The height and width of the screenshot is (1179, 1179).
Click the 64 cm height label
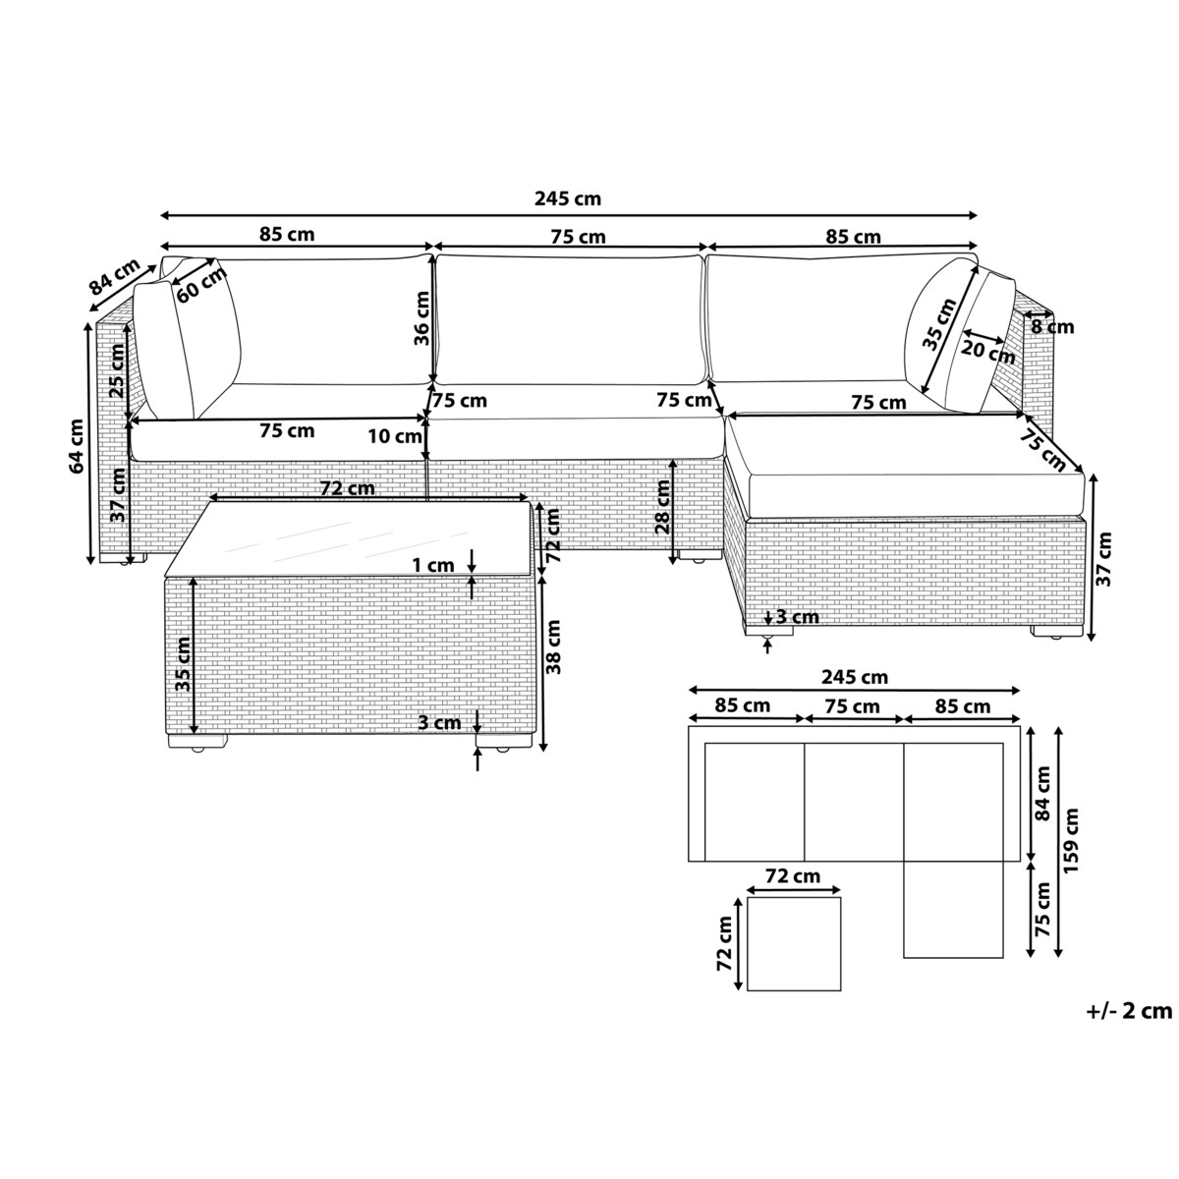coord(77,446)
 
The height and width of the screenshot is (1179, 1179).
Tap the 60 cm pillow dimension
coord(201,285)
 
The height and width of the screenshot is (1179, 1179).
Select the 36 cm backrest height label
coord(421,318)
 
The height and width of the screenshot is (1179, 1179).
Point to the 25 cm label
coord(116,370)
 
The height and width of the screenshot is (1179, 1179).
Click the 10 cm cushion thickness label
coord(395,436)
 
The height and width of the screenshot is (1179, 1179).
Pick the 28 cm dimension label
coord(662,507)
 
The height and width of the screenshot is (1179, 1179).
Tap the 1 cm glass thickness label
coord(433,565)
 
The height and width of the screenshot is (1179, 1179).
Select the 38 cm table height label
coord(553,646)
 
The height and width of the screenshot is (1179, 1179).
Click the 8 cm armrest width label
coord(1052,327)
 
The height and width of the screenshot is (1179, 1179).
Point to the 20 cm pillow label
coord(987,352)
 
